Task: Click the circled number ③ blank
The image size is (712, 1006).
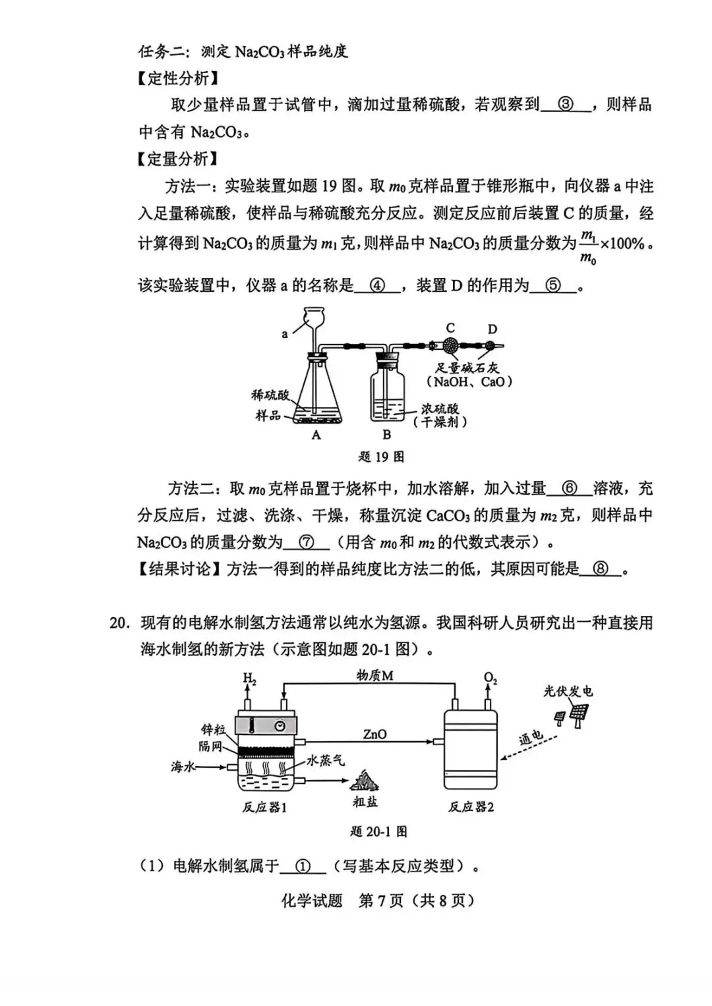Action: [x=566, y=105]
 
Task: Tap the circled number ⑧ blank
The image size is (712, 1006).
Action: [x=601, y=569]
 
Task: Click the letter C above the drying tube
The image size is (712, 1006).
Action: [x=450, y=328]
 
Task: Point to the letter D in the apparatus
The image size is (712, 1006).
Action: [x=492, y=329]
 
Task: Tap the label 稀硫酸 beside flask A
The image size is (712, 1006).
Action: [x=270, y=395]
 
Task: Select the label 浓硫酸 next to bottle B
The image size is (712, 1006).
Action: [x=440, y=408]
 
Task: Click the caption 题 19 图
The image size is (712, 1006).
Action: [x=381, y=457]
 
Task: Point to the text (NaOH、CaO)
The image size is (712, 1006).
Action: [x=469, y=381]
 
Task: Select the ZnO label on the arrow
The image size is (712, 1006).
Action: [x=375, y=735]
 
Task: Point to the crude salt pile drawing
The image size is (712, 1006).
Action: [x=364, y=781]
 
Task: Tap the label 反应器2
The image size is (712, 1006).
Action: [x=471, y=807]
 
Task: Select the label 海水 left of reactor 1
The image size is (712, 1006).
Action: [x=183, y=767]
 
